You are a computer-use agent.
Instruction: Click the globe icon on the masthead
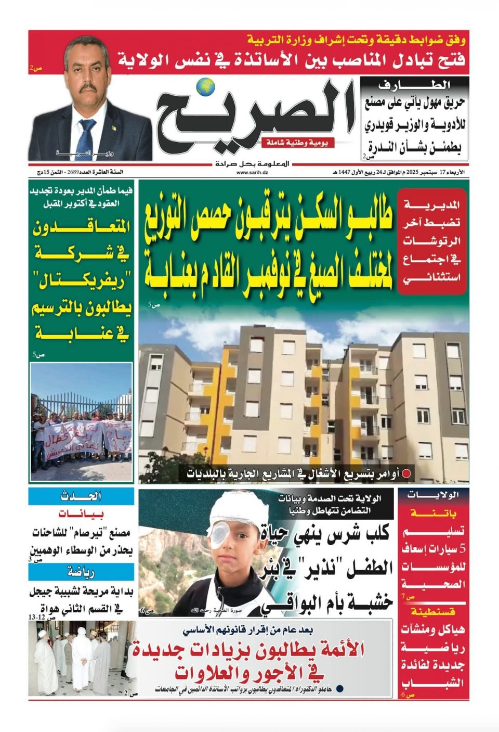[x=206, y=87]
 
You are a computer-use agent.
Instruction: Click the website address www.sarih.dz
[x=252, y=172]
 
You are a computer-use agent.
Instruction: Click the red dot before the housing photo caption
[x=408, y=474]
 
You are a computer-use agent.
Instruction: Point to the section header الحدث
[x=81, y=496]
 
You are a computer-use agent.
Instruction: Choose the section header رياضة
[x=81, y=572]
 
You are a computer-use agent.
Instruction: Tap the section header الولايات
[x=434, y=494]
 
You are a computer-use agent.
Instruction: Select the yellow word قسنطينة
[x=434, y=611]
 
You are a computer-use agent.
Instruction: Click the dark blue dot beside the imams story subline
[x=339, y=689]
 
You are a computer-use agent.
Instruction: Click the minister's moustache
[x=85, y=89]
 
